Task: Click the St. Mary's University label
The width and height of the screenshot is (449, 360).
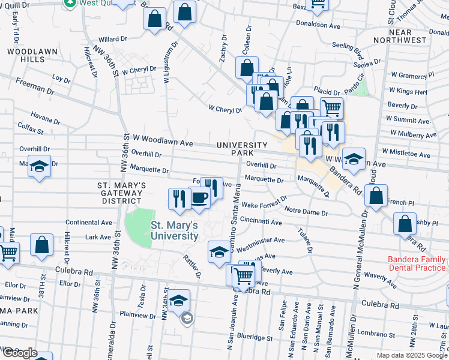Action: tap(174, 231)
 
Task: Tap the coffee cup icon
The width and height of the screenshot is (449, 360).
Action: tap(200, 197)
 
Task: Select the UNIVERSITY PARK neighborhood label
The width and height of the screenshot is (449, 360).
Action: tap(241, 149)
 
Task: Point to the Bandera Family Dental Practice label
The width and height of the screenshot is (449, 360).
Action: tap(417, 263)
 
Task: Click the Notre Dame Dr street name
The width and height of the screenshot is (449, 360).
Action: tap(306, 212)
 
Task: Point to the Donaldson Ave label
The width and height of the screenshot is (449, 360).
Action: tap(318, 25)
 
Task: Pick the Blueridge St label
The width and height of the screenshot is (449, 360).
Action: tap(255, 337)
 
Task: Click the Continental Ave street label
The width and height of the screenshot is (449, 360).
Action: tap(89, 222)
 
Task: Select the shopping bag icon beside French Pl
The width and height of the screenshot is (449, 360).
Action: tap(376, 196)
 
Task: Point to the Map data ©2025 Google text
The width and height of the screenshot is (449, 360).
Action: tap(411, 355)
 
